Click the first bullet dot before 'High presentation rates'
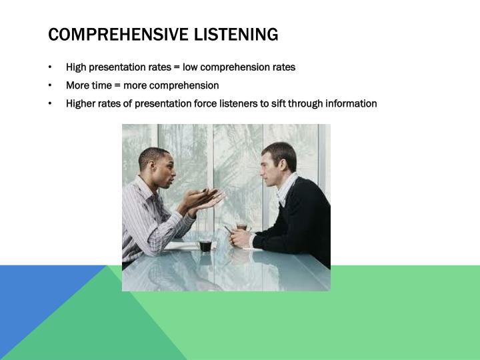coord(51,67)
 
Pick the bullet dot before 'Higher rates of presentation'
coord(51,103)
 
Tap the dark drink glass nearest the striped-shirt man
coord(205,245)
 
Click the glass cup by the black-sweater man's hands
coord(242,227)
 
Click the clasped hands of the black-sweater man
coord(240,238)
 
